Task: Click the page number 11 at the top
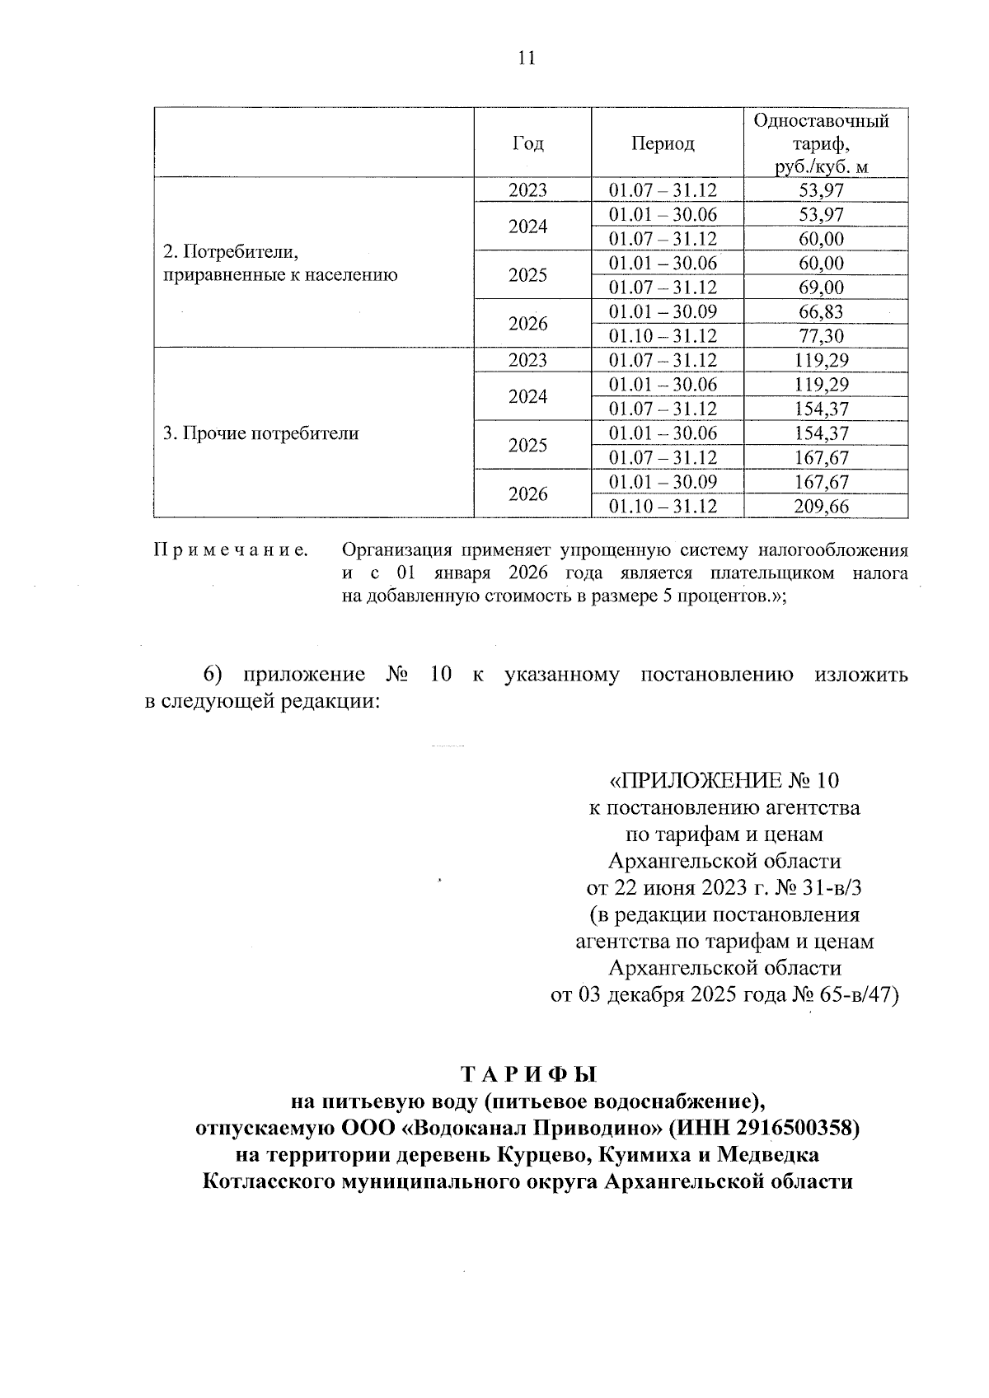[527, 58]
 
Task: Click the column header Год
[527, 143]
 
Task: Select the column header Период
[663, 143]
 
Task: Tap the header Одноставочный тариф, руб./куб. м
[821, 143]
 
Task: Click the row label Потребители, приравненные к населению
[279, 263]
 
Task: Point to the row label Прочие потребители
[260, 433]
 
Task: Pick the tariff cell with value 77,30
[821, 336]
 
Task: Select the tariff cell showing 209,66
[821, 507]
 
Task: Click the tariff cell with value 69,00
[821, 288]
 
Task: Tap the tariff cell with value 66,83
[821, 312]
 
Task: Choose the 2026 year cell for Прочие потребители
[527, 494]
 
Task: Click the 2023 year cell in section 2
[527, 190]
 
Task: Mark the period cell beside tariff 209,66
[663, 507]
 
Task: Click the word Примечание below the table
[231, 549]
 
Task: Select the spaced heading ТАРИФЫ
[527, 1074]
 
